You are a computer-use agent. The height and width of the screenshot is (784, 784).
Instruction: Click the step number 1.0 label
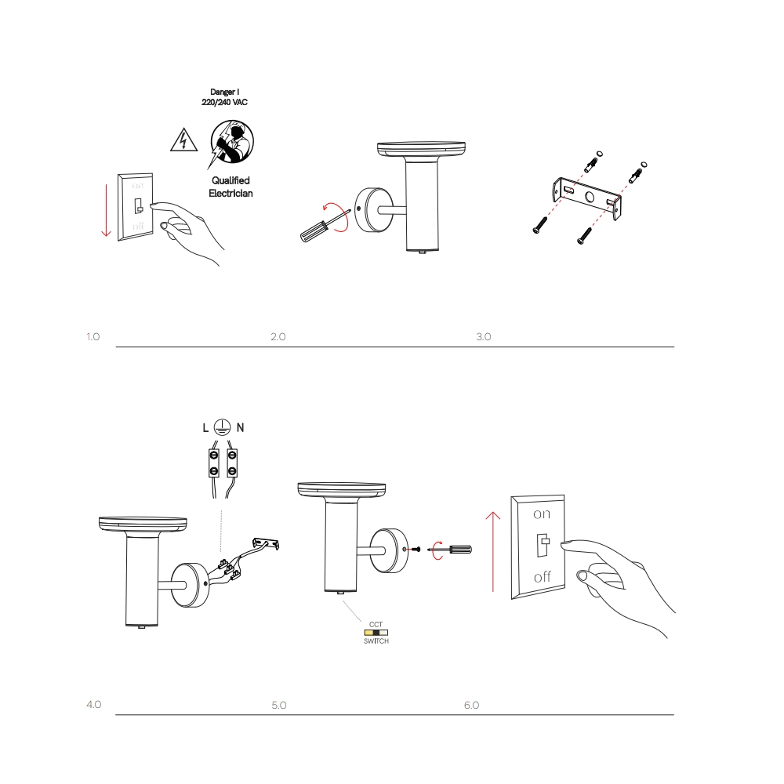coord(93,336)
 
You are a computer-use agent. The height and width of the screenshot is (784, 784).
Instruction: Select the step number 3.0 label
coord(484,336)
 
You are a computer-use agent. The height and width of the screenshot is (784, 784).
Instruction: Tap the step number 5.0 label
coord(279,705)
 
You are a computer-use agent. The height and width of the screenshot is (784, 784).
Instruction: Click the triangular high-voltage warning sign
coord(183,140)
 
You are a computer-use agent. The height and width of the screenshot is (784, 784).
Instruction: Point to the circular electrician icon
coord(232,141)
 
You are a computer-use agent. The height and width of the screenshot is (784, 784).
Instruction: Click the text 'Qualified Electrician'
coord(230,187)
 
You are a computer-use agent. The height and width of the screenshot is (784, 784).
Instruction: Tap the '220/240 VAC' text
coord(224,102)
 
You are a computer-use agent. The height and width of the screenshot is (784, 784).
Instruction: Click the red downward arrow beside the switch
coord(106,210)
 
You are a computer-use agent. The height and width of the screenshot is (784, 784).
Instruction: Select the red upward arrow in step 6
coord(493,551)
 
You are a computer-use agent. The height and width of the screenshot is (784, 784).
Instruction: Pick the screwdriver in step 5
coord(450,550)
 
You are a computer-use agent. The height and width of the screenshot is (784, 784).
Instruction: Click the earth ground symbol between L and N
coord(222,427)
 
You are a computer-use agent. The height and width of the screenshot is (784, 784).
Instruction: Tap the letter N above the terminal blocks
coord(240,427)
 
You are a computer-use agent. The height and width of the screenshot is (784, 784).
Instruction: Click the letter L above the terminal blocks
coord(205,427)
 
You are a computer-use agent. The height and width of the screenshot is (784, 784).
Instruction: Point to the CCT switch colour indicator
coord(376,633)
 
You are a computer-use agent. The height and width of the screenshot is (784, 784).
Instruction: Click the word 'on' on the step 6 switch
coord(542,514)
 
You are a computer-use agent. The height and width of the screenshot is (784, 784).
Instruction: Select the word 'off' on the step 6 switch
coord(542,577)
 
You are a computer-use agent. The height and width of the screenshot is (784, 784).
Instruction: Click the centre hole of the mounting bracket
coord(590,197)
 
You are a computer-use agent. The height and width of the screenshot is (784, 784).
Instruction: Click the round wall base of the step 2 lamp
coord(373,209)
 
